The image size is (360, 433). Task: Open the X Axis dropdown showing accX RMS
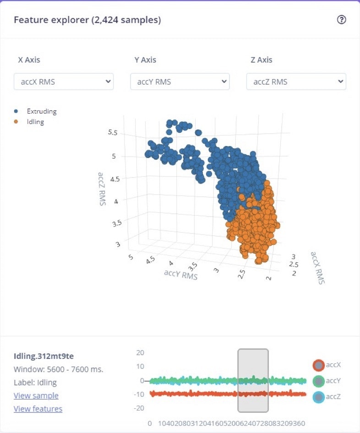(64, 81)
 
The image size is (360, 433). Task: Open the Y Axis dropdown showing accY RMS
(180, 81)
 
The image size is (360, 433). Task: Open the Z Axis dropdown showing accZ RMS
(296, 81)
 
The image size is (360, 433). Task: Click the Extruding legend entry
(41, 111)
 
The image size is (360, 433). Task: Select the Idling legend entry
(35, 122)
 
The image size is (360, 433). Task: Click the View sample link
(36, 395)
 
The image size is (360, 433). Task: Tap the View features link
(38, 409)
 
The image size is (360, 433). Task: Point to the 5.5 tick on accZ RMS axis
(113, 133)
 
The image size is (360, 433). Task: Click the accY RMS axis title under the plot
(180, 275)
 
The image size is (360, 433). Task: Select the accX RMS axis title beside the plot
(317, 268)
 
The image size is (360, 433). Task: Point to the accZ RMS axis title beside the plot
(101, 189)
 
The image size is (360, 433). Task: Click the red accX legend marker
(318, 365)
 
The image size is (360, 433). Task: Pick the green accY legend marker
(318, 381)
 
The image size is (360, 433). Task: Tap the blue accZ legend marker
(318, 397)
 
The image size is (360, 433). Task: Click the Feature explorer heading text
(87, 20)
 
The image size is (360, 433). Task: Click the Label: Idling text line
(35, 383)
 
